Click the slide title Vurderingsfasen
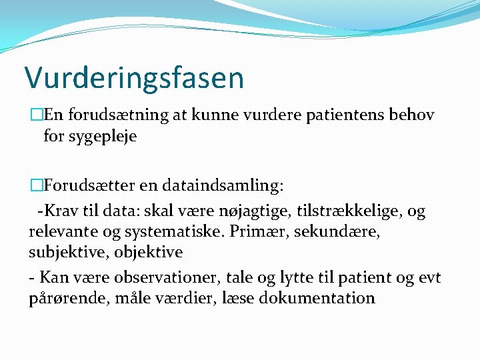coord(134,78)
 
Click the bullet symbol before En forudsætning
coord(35,115)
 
